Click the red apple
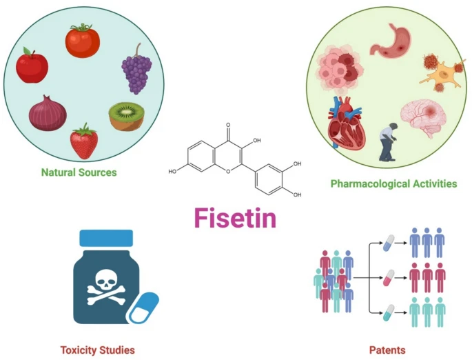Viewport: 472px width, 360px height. coord(32,66)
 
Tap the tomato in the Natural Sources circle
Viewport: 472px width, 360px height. coord(83,41)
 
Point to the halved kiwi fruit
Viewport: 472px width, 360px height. coord(125,116)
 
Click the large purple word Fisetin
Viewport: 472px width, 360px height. coord(235,218)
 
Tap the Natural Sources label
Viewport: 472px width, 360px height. coord(79,172)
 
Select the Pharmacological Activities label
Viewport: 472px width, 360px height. coord(393,183)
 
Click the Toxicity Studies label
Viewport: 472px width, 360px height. coord(96,350)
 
